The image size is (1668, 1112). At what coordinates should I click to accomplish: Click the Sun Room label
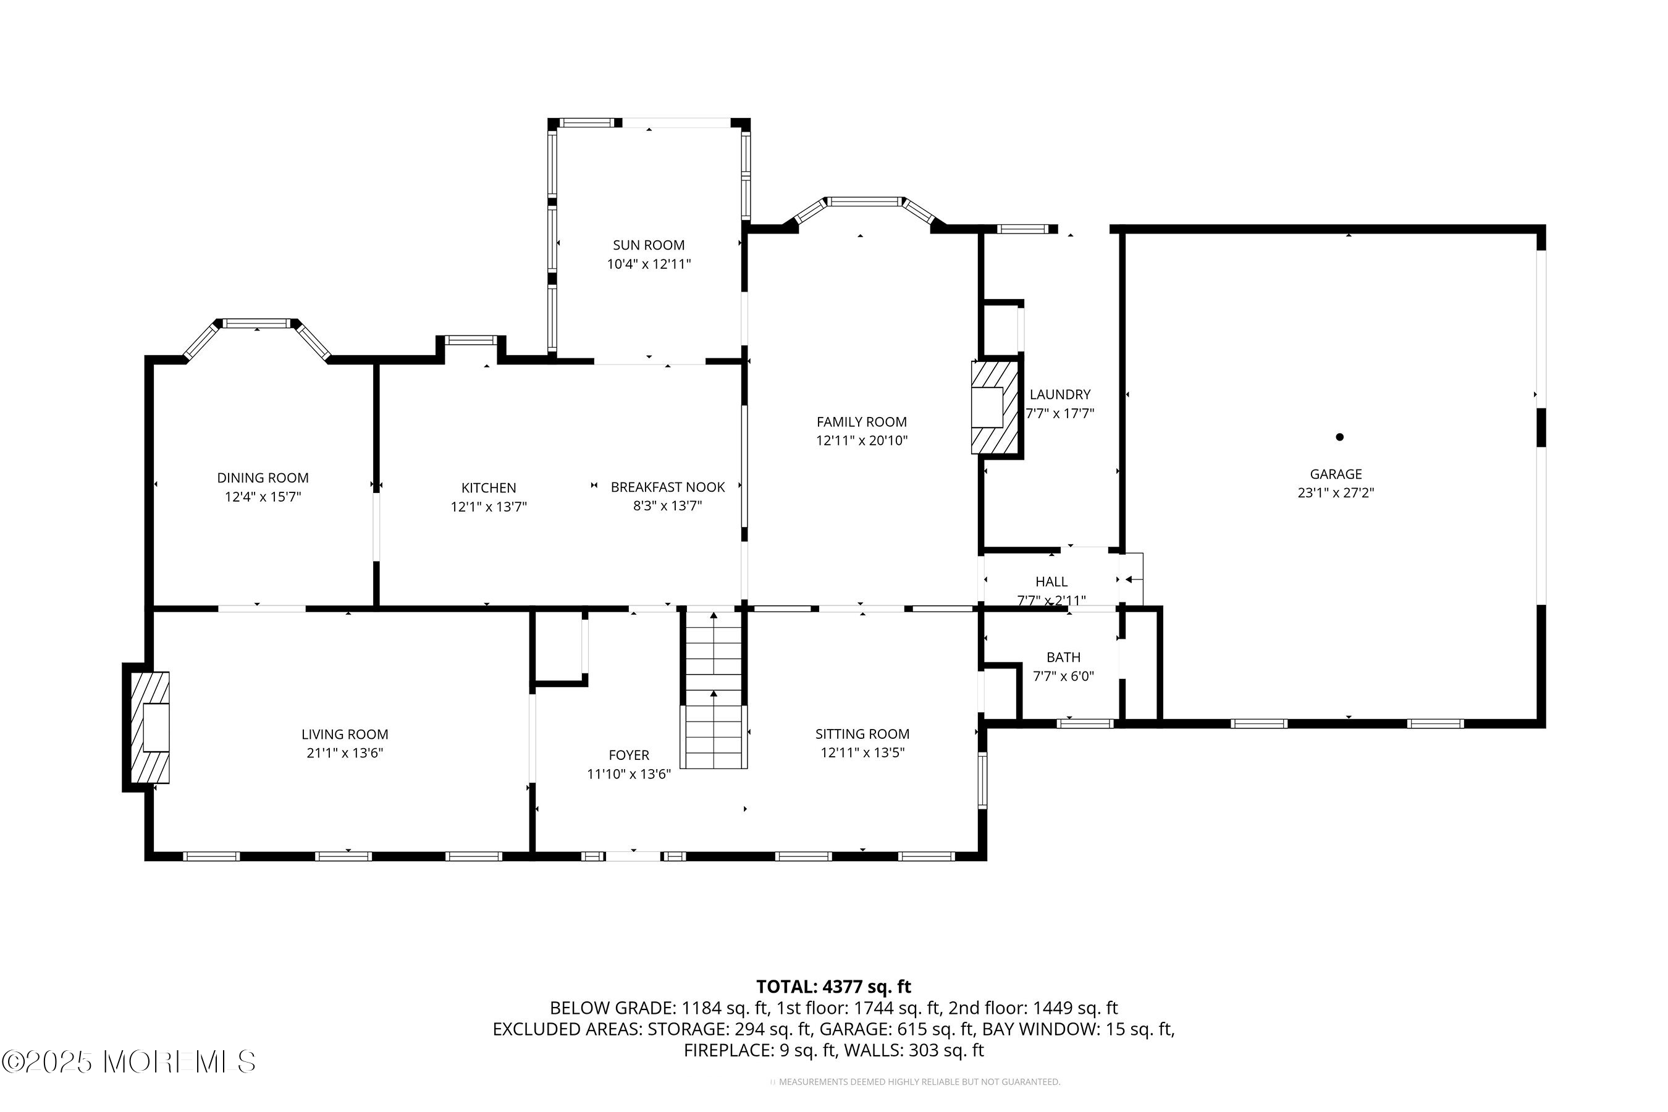648,245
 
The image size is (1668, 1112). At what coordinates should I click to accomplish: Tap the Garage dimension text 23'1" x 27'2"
1336,493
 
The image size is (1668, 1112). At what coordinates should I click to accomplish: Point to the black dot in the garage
1339,437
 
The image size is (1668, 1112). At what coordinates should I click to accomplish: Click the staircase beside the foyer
714,689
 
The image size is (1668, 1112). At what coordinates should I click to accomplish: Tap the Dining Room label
263,478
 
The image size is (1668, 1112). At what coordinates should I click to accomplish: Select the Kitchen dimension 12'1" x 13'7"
489,507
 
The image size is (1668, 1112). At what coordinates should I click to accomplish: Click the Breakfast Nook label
667,487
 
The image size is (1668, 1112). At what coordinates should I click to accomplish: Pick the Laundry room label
1059,394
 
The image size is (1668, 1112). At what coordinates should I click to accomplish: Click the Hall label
1051,581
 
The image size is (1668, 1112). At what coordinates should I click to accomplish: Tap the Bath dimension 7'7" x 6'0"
1063,676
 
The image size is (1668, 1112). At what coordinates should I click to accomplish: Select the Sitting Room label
862,734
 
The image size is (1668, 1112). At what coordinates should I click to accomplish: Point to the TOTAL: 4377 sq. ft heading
833,987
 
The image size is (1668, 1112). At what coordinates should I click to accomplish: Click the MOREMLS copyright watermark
129,1061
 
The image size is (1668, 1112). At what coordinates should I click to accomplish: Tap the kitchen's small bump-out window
471,340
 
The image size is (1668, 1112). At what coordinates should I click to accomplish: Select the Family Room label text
861,422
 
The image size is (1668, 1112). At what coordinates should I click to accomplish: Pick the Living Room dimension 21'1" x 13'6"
345,753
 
